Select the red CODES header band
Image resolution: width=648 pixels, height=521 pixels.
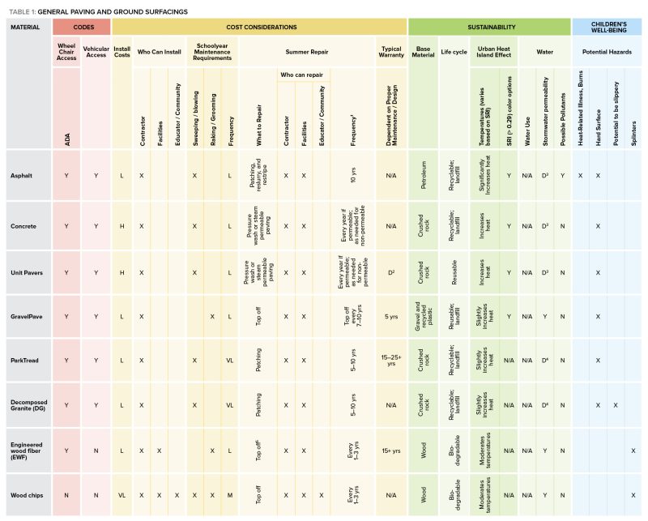(x=81, y=27)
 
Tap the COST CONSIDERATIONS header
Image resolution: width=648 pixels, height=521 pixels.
(x=258, y=27)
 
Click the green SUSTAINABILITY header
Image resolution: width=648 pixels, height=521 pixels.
(x=489, y=27)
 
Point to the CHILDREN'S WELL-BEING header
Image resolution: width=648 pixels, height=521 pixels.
(x=609, y=27)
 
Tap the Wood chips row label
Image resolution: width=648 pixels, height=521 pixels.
(x=26, y=494)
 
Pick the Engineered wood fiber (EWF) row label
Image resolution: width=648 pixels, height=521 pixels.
(x=28, y=450)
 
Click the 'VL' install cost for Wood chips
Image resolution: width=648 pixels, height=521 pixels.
(x=122, y=494)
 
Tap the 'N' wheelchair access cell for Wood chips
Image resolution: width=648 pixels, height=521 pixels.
(x=66, y=494)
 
